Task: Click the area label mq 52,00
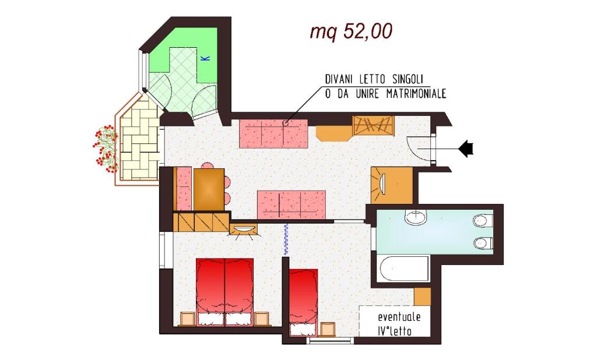tap(350, 32)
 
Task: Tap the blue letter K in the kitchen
tap(206, 58)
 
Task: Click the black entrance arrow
tap(466, 149)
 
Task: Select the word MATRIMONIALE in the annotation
tap(416, 94)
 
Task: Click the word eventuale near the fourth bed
tap(399, 317)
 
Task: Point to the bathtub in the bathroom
tap(403, 269)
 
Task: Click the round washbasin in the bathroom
tap(416, 217)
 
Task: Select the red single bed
tap(303, 302)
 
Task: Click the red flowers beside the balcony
tap(105, 147)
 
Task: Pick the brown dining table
tap(209, 189)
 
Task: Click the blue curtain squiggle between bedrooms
tap(286, 239)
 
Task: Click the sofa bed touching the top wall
tap(273, 133)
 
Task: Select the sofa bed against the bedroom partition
tap(292, 204)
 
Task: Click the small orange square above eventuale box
tap(422, 297)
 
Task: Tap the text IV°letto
tap(395, 331)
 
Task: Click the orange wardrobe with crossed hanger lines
tap(374, 126)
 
